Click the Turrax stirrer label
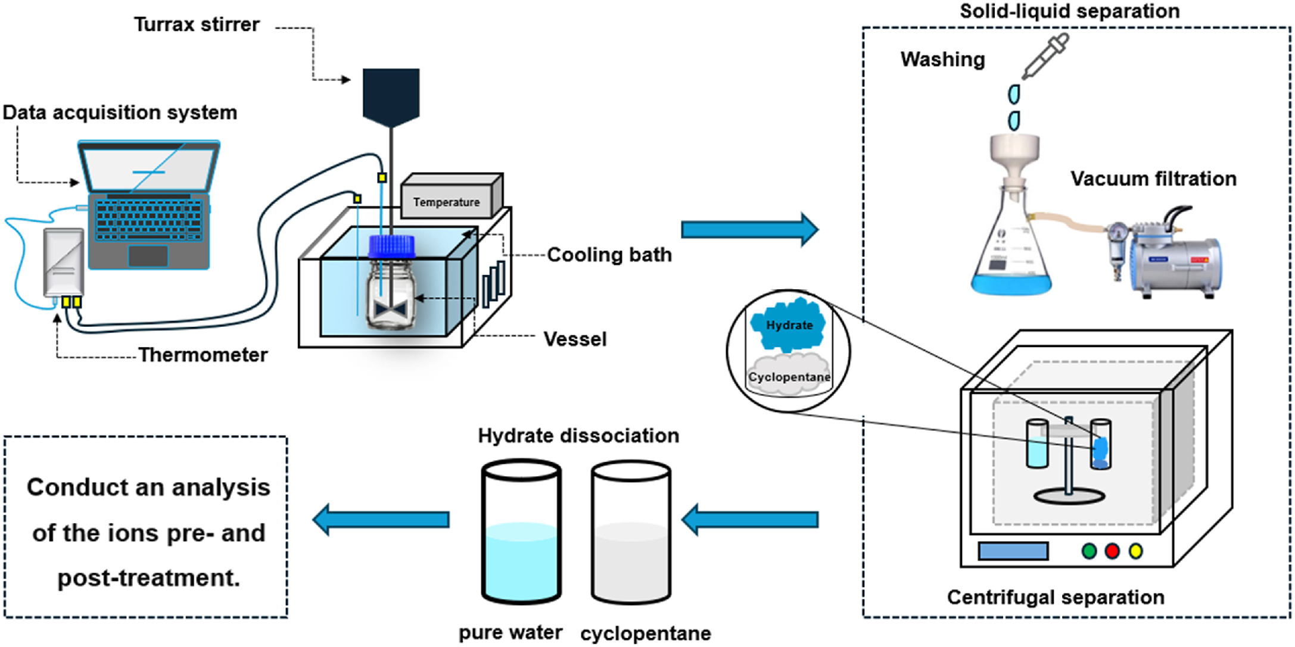197,24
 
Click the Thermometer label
203,355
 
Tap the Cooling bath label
609,255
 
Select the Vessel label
575,339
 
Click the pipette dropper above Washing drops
1046,56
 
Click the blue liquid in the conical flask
1011,285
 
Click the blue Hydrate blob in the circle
787,325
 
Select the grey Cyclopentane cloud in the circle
789,376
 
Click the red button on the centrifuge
1112,551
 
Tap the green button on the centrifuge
1089,551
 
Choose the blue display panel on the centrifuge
1013,551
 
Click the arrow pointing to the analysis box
381,520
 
